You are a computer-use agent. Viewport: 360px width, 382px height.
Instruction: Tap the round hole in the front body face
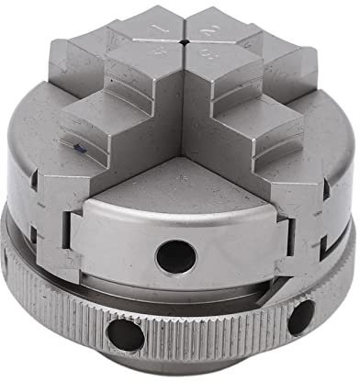(175, 254)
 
